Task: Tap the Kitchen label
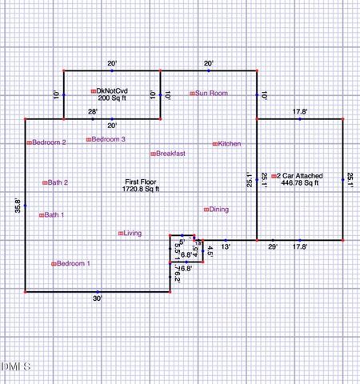coord(230,144)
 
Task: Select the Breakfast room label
coord(170,153)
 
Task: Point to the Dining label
coord(218,210)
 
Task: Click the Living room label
coord(132,234)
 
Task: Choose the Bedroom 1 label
coord(73,263)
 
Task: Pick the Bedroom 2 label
coord(49,142)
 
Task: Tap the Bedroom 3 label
coord(108,139)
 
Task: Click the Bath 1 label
coord(54,214)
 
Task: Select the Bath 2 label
coord(58,182)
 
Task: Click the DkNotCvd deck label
coord(114,90)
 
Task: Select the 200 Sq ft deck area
coord(113,98)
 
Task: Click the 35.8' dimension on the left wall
coord(18,206)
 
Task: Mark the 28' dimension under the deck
coord(93,112)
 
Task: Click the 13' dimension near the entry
coord(226,246)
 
